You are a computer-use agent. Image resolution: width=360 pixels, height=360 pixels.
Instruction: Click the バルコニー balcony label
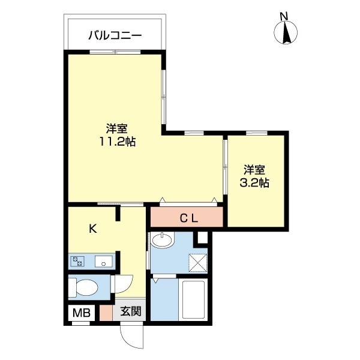115,35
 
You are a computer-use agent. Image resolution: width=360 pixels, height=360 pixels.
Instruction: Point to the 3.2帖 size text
254,182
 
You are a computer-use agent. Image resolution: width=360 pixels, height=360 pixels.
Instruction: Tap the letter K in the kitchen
93,229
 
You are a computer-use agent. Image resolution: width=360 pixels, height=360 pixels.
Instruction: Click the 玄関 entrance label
130,311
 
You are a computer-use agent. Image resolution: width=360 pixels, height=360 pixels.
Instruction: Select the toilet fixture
83,287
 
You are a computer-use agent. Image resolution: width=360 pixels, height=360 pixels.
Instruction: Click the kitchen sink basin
103,261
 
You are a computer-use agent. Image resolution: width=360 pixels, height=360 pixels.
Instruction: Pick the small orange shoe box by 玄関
106,312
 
